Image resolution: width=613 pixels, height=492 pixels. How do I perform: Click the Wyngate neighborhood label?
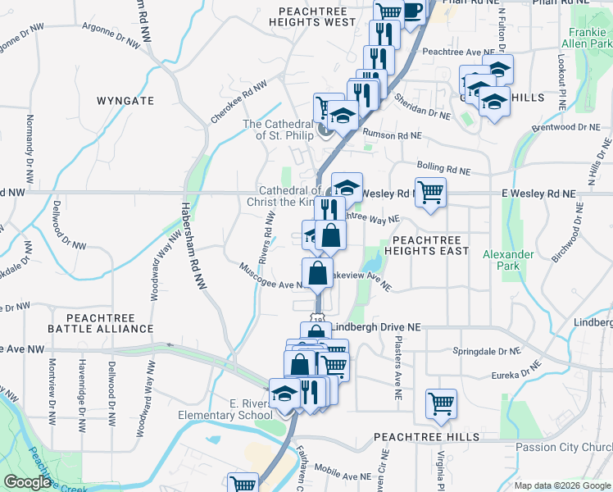125,101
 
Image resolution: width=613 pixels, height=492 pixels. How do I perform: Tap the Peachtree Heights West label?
317,17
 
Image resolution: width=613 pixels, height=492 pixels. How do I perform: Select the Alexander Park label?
507,260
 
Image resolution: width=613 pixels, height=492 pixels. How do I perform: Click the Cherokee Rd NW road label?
238,102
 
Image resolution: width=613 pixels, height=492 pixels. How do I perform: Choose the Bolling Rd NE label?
443,167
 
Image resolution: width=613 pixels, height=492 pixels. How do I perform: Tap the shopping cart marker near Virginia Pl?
441,403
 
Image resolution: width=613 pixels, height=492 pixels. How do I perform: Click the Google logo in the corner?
27,482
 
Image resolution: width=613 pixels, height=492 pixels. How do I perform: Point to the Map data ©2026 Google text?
562,485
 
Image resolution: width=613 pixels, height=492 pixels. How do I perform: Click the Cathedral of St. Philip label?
278,130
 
